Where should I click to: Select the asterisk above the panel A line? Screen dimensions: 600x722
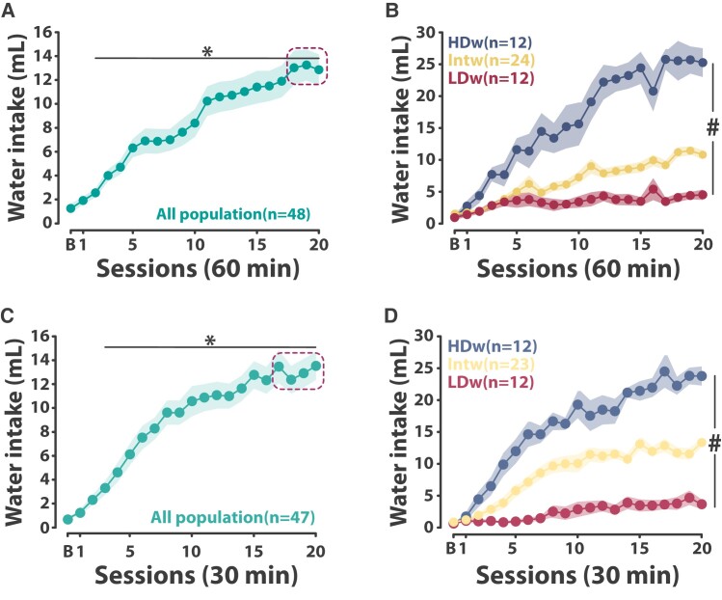click(x=207, y=51)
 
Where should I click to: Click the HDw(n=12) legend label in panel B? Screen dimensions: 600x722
click(x=489, y=42)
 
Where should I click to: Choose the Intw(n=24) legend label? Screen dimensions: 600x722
click(x=489, y=61)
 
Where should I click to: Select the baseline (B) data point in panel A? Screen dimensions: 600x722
click(x=70, y=207)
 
